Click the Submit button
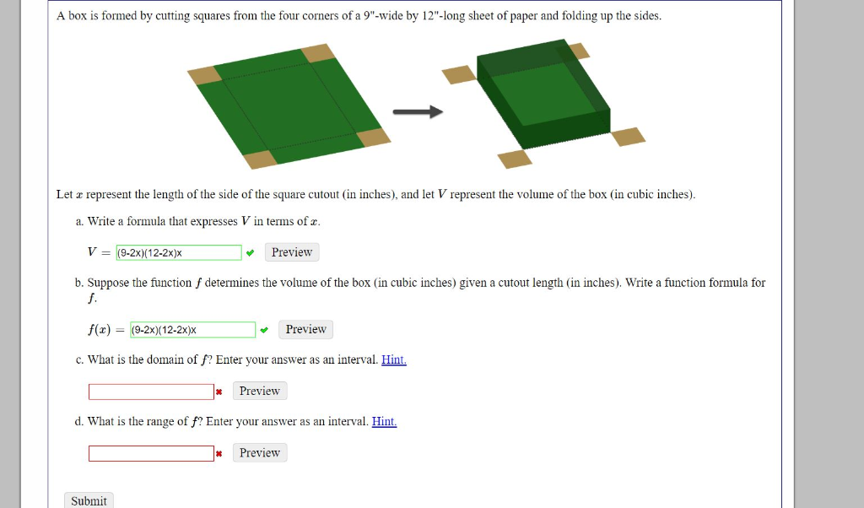89,500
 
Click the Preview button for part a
292,252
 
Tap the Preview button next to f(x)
305,329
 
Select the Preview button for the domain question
259,391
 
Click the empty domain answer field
151,392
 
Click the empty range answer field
151,453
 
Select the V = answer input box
179,252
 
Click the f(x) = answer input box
193,329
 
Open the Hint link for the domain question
394,359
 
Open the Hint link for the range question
384,421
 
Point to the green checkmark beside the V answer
251,252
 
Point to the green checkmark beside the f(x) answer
265,329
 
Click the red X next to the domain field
219,392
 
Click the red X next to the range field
219,453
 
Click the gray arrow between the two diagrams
418,112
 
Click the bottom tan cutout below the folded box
515,159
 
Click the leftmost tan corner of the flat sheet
204,75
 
